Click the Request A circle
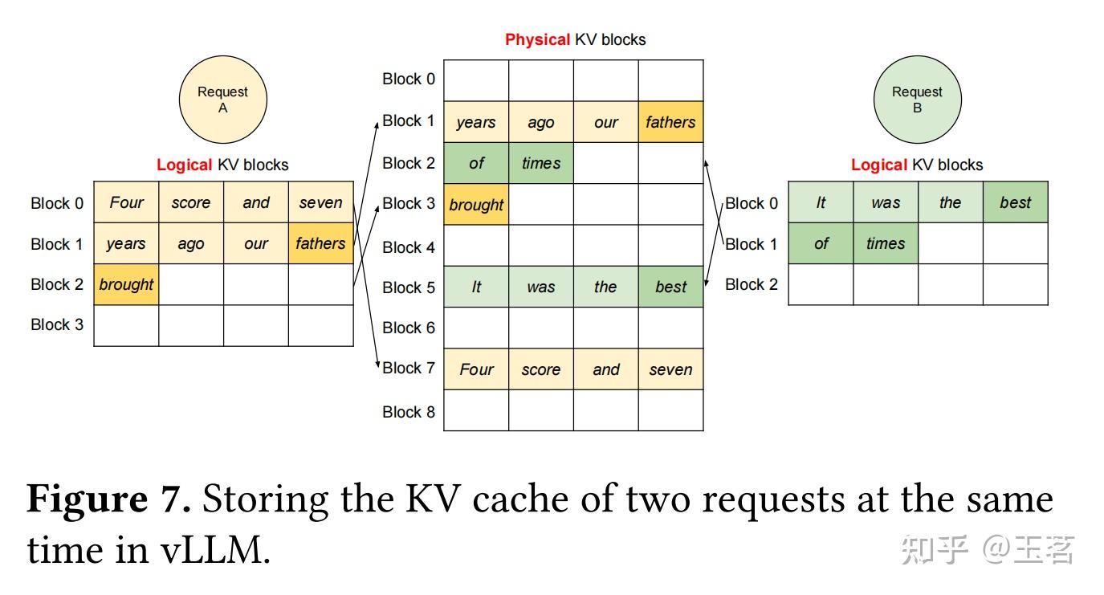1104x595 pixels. (x=222, y=100)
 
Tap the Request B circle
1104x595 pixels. (x=917, y=100)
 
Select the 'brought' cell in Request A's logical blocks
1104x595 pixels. (x=126, y=284)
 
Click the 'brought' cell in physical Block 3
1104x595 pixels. (x=476, y=204)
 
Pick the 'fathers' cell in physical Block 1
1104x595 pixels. (x=670, y=122)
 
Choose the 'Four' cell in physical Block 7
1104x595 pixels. (x=476, y=369)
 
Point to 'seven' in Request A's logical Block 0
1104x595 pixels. (x=320, y=202)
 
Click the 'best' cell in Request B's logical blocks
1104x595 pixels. (x=1015, y=202)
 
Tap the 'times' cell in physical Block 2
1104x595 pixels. (x=541, y=163)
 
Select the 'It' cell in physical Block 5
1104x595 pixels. (x=476, y=287)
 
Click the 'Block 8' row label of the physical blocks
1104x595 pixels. (x=409, y=411)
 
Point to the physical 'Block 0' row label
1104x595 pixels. (x=409, y=79)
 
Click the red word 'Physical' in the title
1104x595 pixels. (x=537, y=39)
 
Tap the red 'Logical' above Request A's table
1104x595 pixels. (x=184, y=165)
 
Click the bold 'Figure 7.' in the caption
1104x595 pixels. (x=109, y=499)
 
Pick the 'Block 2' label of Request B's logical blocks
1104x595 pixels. (x=752, y=284)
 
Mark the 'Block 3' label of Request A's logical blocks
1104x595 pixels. (x=57, y=324)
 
